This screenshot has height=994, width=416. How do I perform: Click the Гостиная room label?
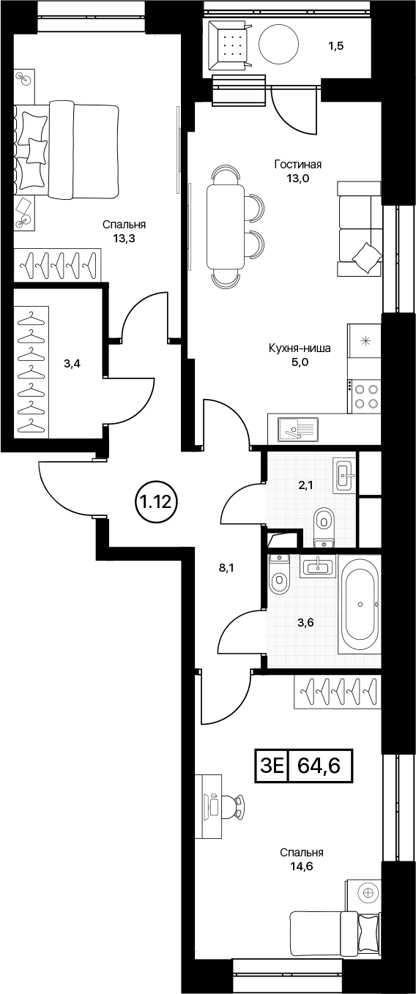coord(297,165)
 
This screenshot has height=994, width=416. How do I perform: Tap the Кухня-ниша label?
coord(300,348)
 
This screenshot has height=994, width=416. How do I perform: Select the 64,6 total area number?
coord(319,766)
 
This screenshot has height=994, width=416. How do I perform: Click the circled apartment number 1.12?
coord(156,502)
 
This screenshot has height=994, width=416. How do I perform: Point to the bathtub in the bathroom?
coord(360,605)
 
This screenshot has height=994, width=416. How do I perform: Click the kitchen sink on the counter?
coord(298,429)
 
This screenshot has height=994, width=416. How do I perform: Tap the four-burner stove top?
coord(365,396)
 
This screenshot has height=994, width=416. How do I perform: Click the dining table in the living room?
coord(226,227)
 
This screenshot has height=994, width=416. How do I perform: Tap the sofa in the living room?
coord(360,229)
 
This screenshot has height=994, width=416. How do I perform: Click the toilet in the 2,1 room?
coord(324,523)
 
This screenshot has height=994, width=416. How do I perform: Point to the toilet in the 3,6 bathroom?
coord(279,575)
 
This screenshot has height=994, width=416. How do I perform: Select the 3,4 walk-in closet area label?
coord(72,365)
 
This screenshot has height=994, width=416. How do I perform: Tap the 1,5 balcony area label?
coord(336,45)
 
